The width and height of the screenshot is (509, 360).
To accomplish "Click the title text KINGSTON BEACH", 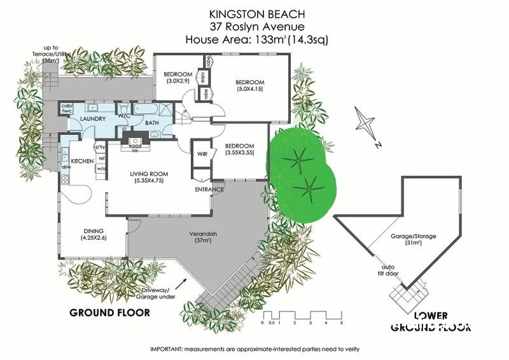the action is pyautogui.click(x=257, y=13).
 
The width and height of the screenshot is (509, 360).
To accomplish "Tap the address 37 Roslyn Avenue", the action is pyautogui.click(x=257, y=26).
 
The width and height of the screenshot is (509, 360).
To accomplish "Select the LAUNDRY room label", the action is pyautogui.click(x=83, y=118).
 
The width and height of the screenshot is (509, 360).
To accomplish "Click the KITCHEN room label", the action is pyautogui.click(x=82, y=162).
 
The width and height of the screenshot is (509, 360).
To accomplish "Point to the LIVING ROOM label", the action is pyautogui.click(x=149, y=174).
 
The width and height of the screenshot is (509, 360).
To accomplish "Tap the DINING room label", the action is pyautogui.click(x=94, y=231).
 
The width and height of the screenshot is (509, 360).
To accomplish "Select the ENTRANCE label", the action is pyautogui.click(x=209, y=189).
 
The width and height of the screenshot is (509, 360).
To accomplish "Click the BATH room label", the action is pyautogui.click(x=152, y=122).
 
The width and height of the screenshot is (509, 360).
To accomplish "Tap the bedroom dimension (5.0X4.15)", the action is pyautogui.click(x=249, y=90).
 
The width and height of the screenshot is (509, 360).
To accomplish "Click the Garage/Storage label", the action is pyautogui.click(x=413, y=237).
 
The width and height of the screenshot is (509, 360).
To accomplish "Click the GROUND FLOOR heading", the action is pyautogui.click(x=109, y=312).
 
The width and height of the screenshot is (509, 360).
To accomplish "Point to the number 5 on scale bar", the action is pyautogui.click(x=342, y=323).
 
